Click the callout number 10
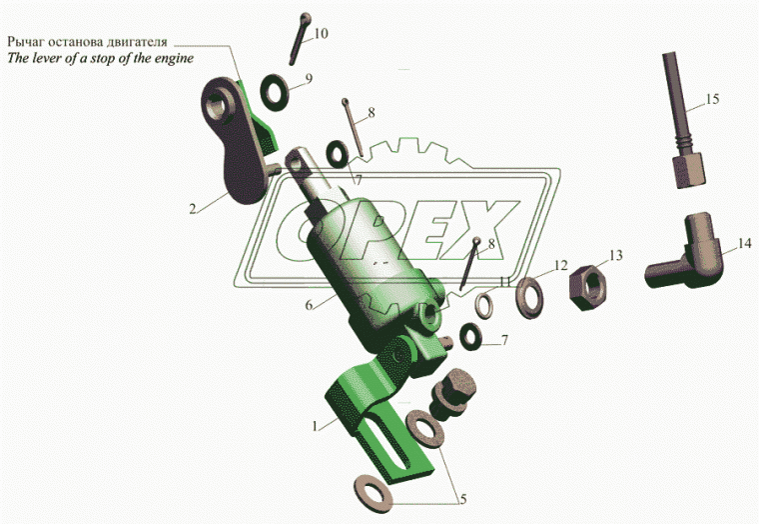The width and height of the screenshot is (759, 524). [321, 33]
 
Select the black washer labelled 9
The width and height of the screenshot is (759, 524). [275, 92]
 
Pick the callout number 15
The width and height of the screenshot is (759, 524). [712, 99]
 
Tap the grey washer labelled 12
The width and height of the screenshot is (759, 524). [530, 297]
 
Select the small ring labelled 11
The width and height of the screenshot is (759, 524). [483, 306]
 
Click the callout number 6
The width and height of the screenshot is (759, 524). [310, 305]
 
